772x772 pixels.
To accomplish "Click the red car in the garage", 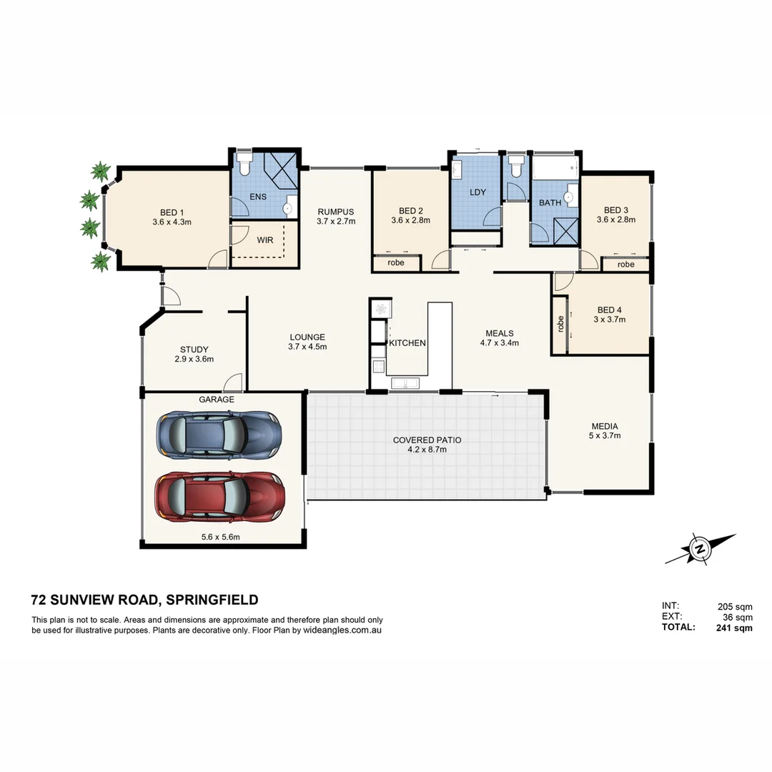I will [220, 495].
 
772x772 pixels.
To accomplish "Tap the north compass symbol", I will [701, 549].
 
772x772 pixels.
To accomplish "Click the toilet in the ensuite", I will [244, 164].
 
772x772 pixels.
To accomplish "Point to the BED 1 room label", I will [172, 212].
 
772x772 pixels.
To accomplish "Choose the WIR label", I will [264, 240].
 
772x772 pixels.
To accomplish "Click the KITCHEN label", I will [407, 343].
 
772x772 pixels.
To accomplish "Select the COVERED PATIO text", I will [427, 440].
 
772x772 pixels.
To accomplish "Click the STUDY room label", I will [194, 350].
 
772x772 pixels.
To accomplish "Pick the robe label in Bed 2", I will [396, 263].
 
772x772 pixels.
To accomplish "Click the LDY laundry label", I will [477, 192].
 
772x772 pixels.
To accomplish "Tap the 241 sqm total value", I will [734, 628].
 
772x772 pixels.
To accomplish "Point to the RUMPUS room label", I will [336, 212].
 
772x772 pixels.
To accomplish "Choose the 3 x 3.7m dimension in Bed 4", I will [609, 320].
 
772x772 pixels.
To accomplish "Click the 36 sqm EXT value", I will [738, 617].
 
